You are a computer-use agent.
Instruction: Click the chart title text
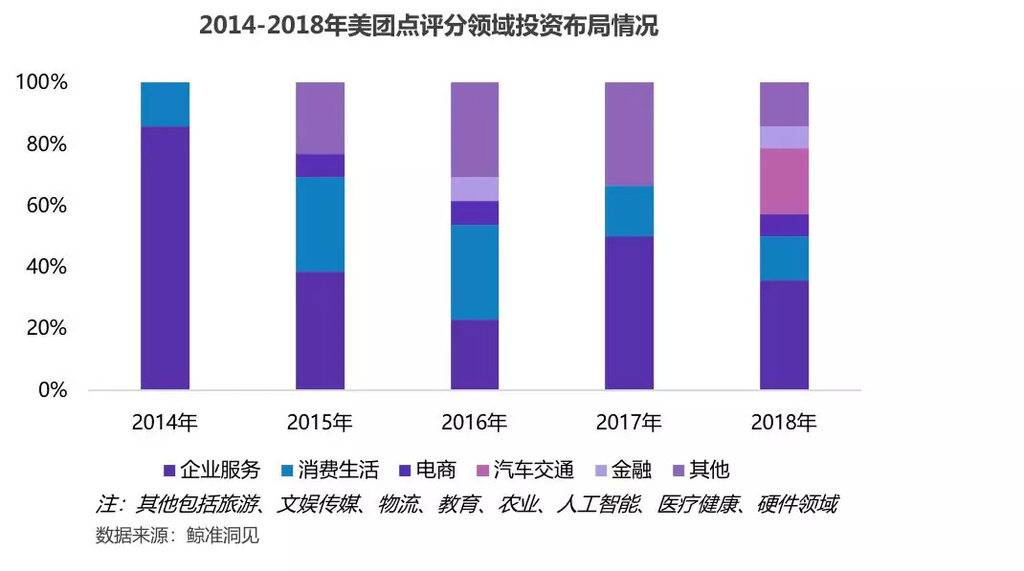click(428, 26)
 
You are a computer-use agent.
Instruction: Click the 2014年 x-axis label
click(165, 422)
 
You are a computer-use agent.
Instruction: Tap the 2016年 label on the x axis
click(475, 422)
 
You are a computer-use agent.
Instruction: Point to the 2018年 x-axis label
click(785, 422)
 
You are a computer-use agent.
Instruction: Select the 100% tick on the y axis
click(41, 83)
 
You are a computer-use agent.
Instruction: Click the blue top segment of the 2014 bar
click(165, 104)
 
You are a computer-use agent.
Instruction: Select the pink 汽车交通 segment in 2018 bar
click(785, 181)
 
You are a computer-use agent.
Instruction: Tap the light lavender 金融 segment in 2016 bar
click(475, 188)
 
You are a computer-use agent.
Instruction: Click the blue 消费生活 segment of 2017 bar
click(630, 210)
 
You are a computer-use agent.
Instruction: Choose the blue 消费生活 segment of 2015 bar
click(320, 224)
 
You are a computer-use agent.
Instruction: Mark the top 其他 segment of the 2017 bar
click(630, 134)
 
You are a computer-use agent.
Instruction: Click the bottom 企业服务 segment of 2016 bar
click(475, 354)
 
